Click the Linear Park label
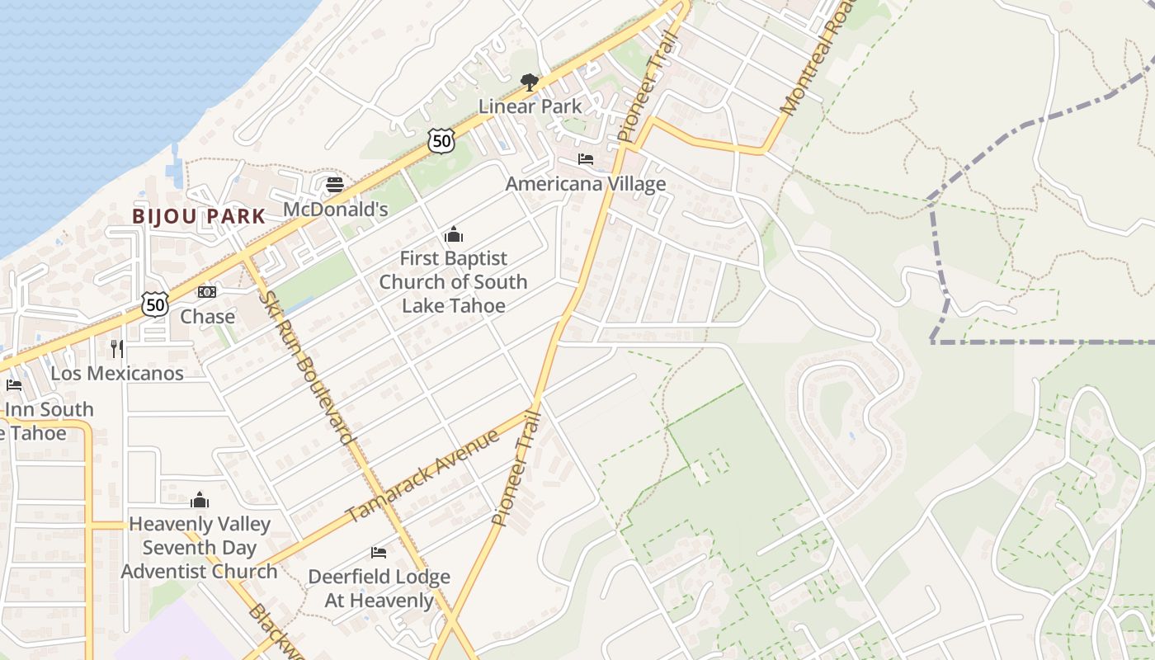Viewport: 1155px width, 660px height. click(530, 106)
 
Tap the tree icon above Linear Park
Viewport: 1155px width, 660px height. click(530, 82)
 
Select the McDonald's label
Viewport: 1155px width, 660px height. click(335, 210)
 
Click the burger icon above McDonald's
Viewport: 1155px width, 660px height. click(335, 185)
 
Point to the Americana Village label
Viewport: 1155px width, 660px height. click(585, 184)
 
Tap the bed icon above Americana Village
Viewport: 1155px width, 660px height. click(586, 159)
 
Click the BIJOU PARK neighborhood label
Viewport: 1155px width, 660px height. click(199, 217)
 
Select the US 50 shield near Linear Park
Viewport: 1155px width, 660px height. click(442, 141)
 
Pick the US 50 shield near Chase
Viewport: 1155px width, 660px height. click(155, 304)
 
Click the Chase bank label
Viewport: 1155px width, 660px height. click(207, 317)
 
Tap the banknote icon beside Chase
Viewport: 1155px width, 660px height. click(207, 292)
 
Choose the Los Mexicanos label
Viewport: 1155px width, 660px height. click(117, 373)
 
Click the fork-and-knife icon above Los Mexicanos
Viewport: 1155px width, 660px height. click(117, 349)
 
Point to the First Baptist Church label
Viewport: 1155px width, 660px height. click(453, 282)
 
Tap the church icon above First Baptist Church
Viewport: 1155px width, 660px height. click(453, 235)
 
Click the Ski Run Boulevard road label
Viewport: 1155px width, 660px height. click(306, 366)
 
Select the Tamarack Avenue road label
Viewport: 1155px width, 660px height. click(422, 475)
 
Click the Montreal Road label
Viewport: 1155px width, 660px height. click(809, 63)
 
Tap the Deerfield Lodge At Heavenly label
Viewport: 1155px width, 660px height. click(379, 588)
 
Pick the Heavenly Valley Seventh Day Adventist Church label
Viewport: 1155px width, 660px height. click(199, 548)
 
